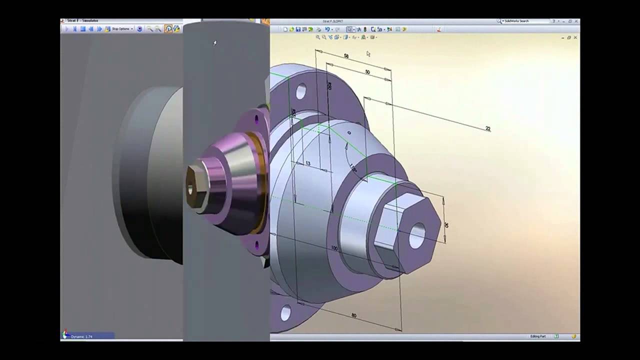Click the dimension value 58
346,56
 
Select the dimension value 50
367,72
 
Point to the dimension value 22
488,129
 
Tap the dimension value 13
307,163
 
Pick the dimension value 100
334,248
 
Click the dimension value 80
354,315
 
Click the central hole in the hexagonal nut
416,236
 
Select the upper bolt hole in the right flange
301,91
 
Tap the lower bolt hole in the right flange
285,313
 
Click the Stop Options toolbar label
121,29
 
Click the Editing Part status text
538,336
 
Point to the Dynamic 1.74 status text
81,336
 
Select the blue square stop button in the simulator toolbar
83,29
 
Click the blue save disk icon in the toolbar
298,29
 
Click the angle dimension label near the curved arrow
353,168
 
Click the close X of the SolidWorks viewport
575,37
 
